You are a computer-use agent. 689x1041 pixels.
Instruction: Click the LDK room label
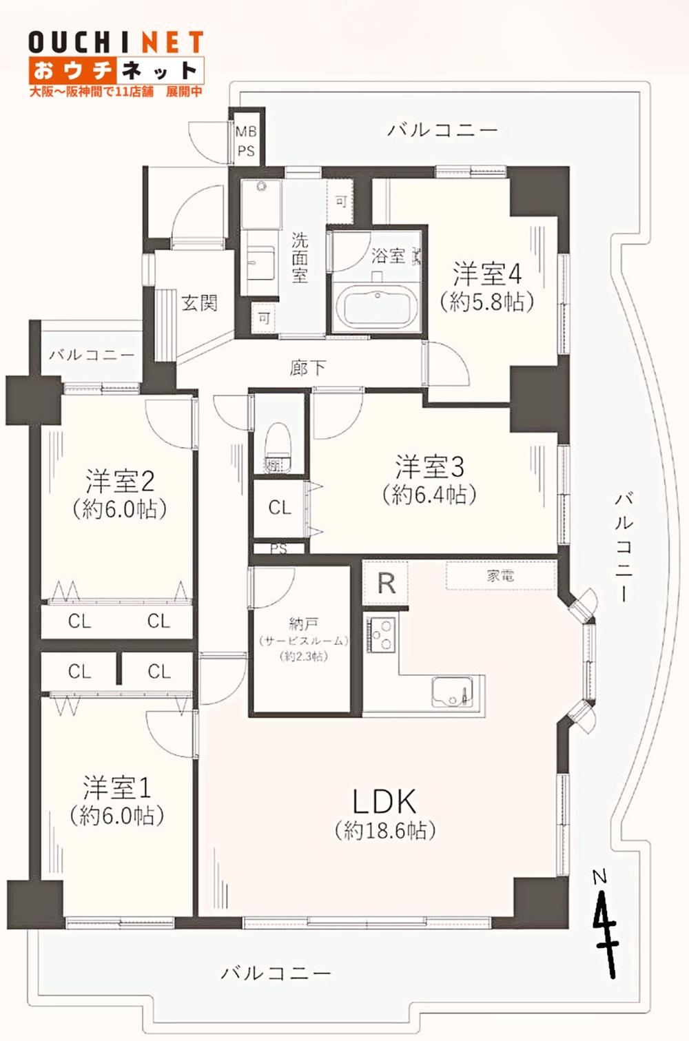pyautogui.click(x=384, y=803)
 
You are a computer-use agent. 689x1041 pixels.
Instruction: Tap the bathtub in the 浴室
pyautogui.click(x=376, y=307)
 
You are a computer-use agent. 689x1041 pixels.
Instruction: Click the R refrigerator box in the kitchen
pyautogui.click(x=386, y=583)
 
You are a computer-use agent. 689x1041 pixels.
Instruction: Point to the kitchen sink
pyautogui.click(x=451, y=691)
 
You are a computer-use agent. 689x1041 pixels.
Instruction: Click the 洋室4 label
pyautogui.click(x=486, y=274)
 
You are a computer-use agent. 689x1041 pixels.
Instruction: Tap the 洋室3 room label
pyautogui.click(x=429, y=468)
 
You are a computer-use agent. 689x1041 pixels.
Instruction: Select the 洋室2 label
pyautogui.click(x=119, y=481)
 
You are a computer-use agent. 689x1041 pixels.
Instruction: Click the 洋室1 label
pyautogui.click(x=116, y=787)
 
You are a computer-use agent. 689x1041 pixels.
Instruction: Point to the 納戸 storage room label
pyautogui.click(x=303, y=624)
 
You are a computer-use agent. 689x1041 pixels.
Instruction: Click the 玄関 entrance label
pyautogui.click(x=199, y=302)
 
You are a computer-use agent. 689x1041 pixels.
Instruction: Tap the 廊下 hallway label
pyautogui.click(x=307, y=367)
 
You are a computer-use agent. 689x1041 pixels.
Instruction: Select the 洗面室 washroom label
pyautogui.click(x=299, y=258)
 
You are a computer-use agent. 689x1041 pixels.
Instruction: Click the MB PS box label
pyautogui.click(x=246, y=141)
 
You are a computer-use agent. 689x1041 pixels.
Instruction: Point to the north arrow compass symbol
pyautogui.click(x=604, y=923)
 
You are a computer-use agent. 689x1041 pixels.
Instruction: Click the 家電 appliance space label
pyautogui.click(x=500, y=576)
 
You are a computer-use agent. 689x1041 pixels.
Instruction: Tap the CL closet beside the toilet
pyautogui.click(x=280, y=508)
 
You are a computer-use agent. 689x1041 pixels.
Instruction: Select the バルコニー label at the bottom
pyautogui.click(x=276, y=973)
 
